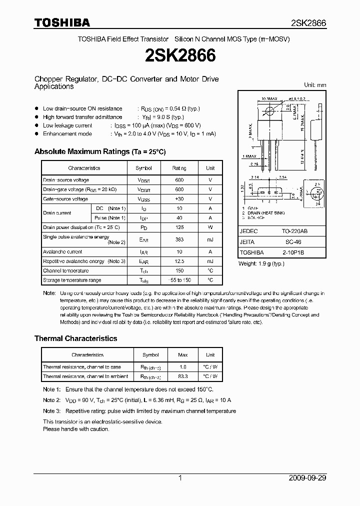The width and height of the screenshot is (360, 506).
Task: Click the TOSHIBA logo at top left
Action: [62, 23]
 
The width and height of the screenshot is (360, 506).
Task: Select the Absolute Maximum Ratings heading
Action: [99, 151]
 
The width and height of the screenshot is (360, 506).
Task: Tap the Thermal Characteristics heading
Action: [75, 338]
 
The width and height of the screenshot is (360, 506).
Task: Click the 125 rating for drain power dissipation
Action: [179, 227]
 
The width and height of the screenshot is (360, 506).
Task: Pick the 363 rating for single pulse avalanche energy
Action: [179, 240]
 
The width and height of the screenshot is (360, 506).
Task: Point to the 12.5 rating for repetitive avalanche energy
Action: [179, 261]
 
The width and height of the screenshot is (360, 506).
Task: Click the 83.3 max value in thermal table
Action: [183, 376]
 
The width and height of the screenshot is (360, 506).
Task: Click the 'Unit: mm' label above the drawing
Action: [315, 85]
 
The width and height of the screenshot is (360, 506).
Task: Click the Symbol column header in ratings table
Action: [143, 168]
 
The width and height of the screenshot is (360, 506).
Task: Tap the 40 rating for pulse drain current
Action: [179, 218]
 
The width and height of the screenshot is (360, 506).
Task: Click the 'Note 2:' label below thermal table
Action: [51, 400]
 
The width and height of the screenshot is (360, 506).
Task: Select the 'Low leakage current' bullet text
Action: [67, 125]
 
